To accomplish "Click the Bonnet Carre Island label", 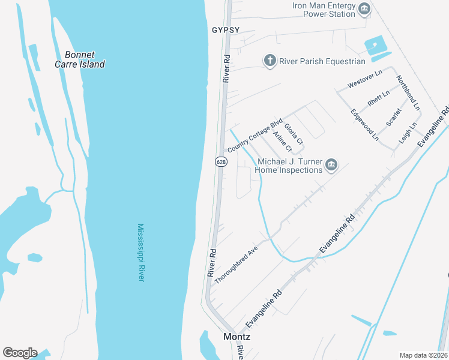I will point(80,59).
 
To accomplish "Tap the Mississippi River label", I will point(141,253).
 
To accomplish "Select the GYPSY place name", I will point(226,29).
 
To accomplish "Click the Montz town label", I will point(237,337).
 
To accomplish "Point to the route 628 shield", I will point(220,161).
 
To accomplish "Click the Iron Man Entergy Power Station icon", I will point(364,9).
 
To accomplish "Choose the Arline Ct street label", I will point(282,142).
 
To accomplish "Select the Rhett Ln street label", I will point(378,98).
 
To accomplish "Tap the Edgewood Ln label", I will point(364,125).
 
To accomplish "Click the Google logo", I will point(20,353).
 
